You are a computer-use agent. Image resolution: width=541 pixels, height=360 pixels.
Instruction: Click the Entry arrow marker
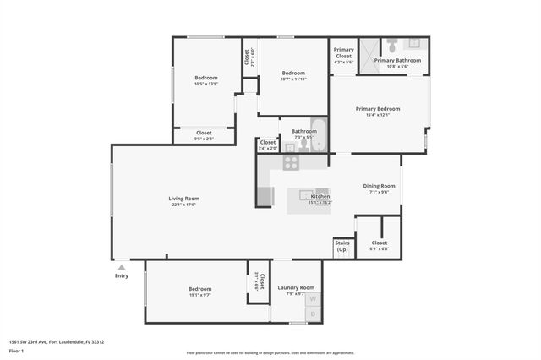pyautogui.click(x=121, y=267)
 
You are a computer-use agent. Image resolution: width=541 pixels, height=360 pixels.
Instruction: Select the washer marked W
pyautogui.click(x=312, y=299)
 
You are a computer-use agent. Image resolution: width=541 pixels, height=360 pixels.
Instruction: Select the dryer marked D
pyautogui.click(x=312, y=314)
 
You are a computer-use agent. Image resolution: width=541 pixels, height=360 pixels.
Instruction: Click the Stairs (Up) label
pyautogui.click(x=342, y=247)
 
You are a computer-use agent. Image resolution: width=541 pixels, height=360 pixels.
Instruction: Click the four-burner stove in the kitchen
pyautogui.click(x=291, y=163)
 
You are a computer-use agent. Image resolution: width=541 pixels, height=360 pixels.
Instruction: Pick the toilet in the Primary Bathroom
pyautogui.click(x=392, y=44)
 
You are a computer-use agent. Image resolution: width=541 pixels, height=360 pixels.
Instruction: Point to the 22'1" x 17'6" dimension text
pyautogui.click(x=183, y=205)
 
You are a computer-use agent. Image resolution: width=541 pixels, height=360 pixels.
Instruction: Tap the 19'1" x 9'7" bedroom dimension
pyautogui.click(x=200, y=296)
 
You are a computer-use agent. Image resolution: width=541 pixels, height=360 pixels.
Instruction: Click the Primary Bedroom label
pyautogui.click(x=378, y=108)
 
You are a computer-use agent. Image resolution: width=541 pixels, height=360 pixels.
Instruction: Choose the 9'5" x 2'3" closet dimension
pyautogui.click(x=204, y=139)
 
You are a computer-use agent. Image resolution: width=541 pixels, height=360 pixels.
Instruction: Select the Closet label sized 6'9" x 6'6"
pyautogui.click(x=379, y=243)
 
